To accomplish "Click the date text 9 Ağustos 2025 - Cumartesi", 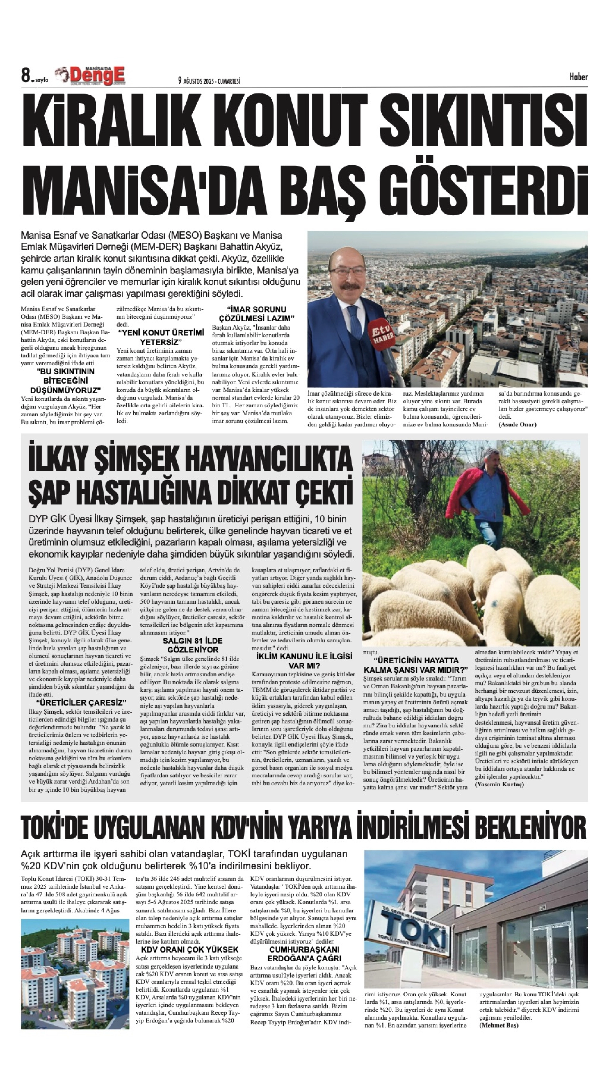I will (209, 81).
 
